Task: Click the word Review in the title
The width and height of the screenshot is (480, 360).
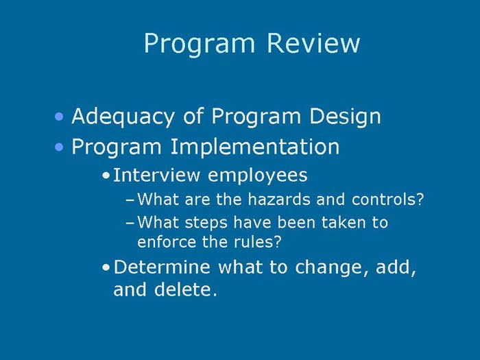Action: (x=313, y=43)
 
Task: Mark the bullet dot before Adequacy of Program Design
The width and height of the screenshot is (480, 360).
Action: (x=61, y=117)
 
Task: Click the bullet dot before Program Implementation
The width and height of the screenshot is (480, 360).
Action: (x=61, y=147)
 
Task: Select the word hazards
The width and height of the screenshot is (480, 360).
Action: (x=288, y=200)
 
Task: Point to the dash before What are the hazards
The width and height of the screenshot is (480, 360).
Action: (x=131, y=201)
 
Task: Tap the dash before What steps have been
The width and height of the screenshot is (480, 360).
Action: (x=131, y=223)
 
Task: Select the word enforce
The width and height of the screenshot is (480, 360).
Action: (x=163, y=242)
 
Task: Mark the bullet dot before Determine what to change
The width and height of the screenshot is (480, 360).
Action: (x=105, y=267)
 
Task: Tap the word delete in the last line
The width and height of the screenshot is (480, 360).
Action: (x=185, y=289)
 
